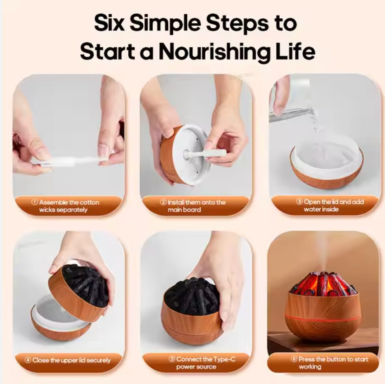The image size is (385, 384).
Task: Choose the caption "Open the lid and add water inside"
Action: tap(323, 206)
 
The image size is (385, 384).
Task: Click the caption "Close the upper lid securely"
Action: tap(69, 360)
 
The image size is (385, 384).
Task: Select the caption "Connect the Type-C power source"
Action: tap(196, 363)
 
